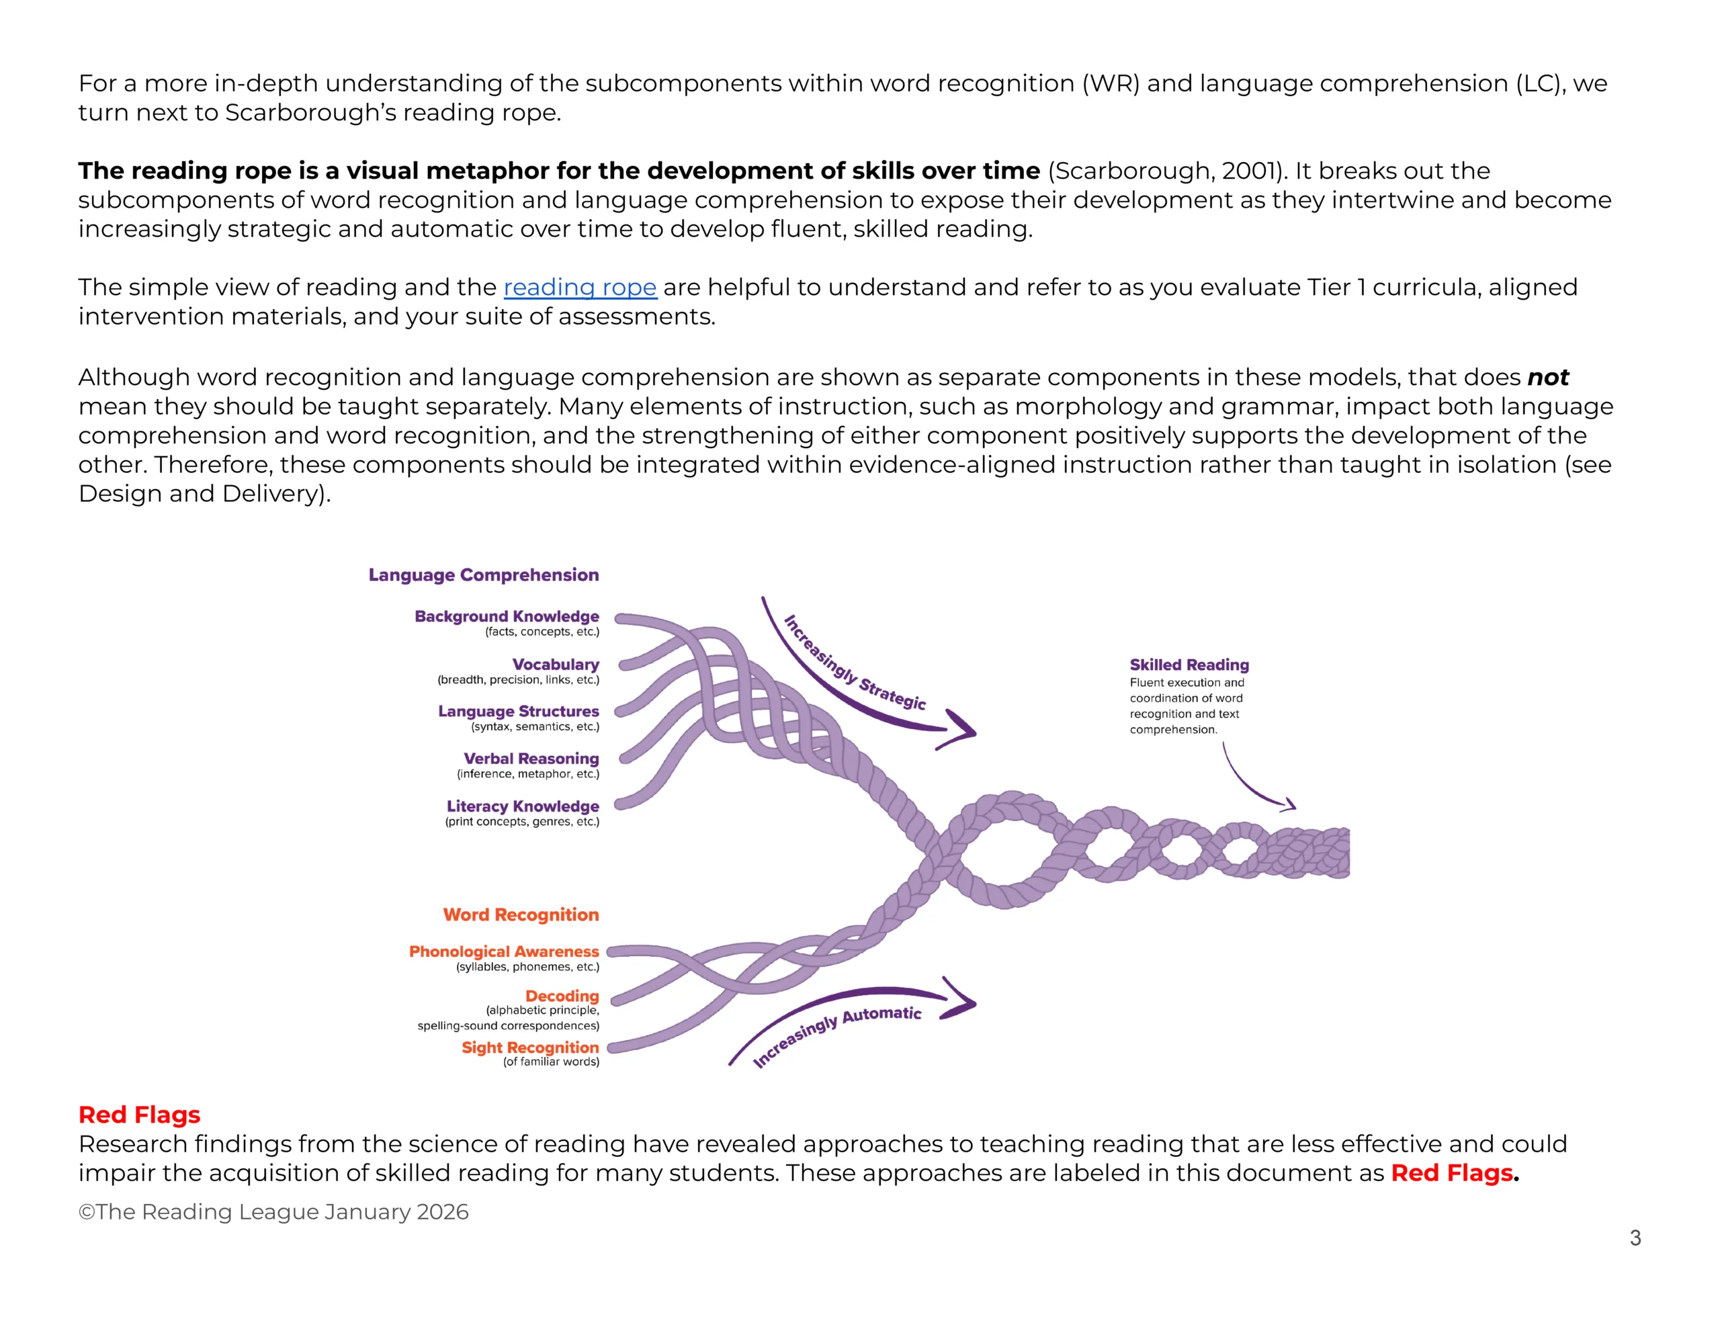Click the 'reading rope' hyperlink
(580, 288)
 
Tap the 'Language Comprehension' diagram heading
(484, 575)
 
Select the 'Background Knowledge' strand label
(507, 616)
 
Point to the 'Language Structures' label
(518, 712)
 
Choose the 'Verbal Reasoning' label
(531, 759)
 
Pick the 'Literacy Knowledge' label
(522, 806)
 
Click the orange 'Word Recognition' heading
(521, 914)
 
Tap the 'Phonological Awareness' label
(504, 951)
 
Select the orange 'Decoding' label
(562, 996)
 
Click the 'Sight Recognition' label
(530, 1047)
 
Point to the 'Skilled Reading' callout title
(1189, 665)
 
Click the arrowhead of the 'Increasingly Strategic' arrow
(965, 730)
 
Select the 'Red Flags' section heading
(139, 1115)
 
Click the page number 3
(1635, 1238)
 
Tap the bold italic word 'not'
(1547, 378)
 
